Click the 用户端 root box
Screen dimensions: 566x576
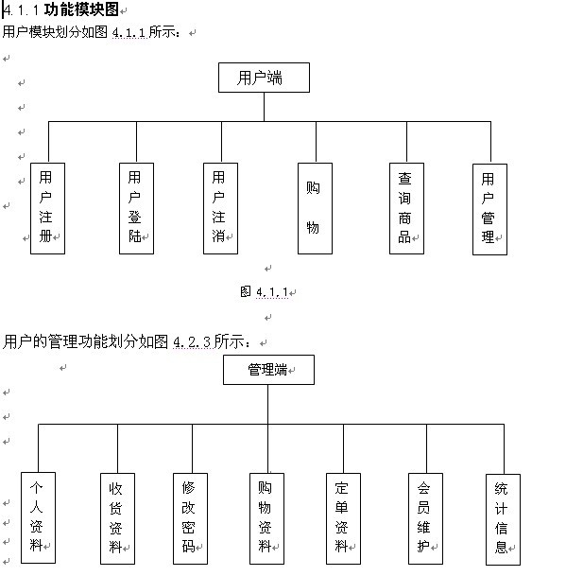tap(264, 78)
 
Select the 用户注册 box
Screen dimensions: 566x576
tap(47, 209)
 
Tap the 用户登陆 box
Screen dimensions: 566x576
tap(137, 209)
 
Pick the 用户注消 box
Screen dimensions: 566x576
tap(220, 209)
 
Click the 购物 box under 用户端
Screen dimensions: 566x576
tap(315, 209)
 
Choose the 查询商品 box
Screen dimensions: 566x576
tap(406, 209)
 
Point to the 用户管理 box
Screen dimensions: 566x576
tap(490, 209)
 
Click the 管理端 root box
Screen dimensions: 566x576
tap(268, 370)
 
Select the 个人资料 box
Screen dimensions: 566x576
tap(38, 518)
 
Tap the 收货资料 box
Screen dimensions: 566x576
tap(117, 518)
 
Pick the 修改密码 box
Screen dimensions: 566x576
tap(190, 518)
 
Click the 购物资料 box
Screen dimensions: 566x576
tap(266, 518)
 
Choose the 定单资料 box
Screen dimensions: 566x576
tap(344, 518)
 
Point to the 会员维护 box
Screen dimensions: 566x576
tap(426, 518)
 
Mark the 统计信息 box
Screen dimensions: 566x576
tap(504, 519)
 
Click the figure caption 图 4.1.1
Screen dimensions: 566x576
tap(265, 292)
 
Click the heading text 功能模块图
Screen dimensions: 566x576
tap(81, 9)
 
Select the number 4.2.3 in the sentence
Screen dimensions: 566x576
tap(192, 342)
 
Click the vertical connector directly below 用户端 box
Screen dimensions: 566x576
tap(264, 107)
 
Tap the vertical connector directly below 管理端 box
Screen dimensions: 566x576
tap(268, 405)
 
